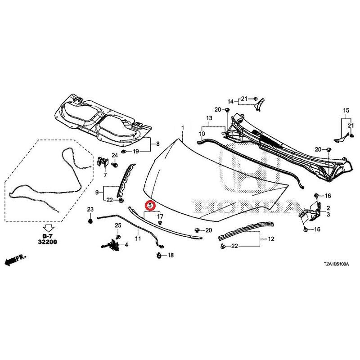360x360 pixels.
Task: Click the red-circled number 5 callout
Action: (150, 205)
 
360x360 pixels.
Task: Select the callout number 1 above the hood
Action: (183, 128)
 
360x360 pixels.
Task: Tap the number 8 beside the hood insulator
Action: (158, 144)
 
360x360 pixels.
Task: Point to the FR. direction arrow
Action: (15, 260)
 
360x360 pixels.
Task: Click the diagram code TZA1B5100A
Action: (336, 264)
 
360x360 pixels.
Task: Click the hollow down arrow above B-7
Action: (49, 228)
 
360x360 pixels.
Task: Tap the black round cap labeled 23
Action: (90, 221)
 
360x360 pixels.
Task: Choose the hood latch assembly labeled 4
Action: (112, 244)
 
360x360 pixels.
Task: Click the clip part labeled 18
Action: (159, 255)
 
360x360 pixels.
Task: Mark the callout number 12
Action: (271, 239)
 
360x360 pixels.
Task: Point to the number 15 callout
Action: (346, 110)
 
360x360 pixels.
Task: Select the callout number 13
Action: (209, 118)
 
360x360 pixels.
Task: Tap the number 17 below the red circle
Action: (160, 216)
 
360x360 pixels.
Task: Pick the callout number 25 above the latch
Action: (118, 225)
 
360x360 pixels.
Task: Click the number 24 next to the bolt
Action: (115, 155)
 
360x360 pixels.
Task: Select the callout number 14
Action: (230, 101)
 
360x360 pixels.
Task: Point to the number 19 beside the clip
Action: (136, 151)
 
